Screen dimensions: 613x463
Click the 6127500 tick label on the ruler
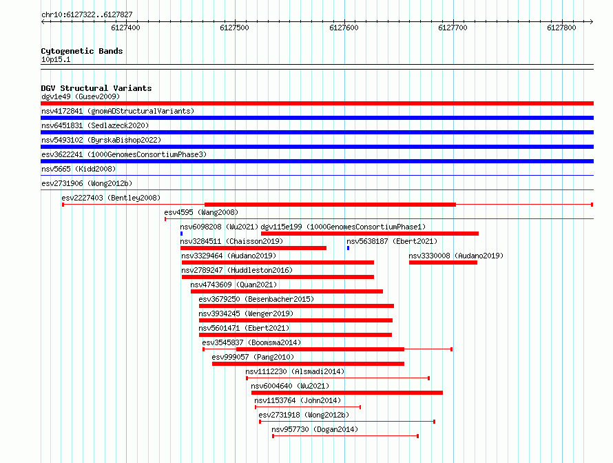coord(235,28)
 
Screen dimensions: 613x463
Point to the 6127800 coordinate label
coord(561,28)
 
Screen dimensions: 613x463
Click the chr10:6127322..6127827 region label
coord(87,15)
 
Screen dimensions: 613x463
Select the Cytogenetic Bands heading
coord(82,51)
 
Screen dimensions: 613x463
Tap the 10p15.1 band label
coord(56,59)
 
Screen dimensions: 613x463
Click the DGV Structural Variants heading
coord(96,88)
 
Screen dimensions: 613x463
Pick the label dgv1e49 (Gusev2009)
coord(81,96)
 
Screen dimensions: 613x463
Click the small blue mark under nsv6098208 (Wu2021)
coord(181,234)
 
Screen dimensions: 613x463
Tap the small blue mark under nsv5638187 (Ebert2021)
coord(348,248)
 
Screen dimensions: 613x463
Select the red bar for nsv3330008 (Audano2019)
coord(443,263)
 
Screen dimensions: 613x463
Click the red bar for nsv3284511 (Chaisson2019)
coord(253,248)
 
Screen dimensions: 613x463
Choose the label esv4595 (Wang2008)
coord(201,212)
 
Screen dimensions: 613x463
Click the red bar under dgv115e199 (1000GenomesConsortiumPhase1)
coord(370,234)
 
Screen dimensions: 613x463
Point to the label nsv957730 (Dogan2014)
coord(315,429)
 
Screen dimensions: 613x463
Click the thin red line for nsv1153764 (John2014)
coord(308,407)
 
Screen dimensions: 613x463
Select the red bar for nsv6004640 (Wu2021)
coord(346,393)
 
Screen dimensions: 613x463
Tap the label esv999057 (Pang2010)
coord(253,357)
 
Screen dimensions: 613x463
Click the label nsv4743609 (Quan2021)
coord(233,285)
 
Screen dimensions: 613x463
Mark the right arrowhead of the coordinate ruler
coord(592,22)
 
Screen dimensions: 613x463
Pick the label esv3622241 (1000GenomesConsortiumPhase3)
coord(124,154)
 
